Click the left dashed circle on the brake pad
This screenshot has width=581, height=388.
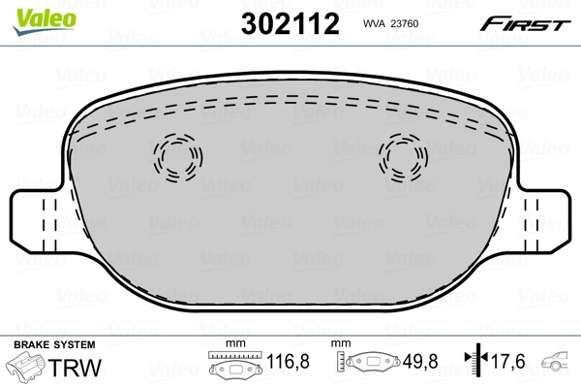point(177,155)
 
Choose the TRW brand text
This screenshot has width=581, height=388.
point(77,368)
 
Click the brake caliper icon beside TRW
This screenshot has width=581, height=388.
point(25,368)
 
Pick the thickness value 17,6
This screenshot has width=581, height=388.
point(507,365)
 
